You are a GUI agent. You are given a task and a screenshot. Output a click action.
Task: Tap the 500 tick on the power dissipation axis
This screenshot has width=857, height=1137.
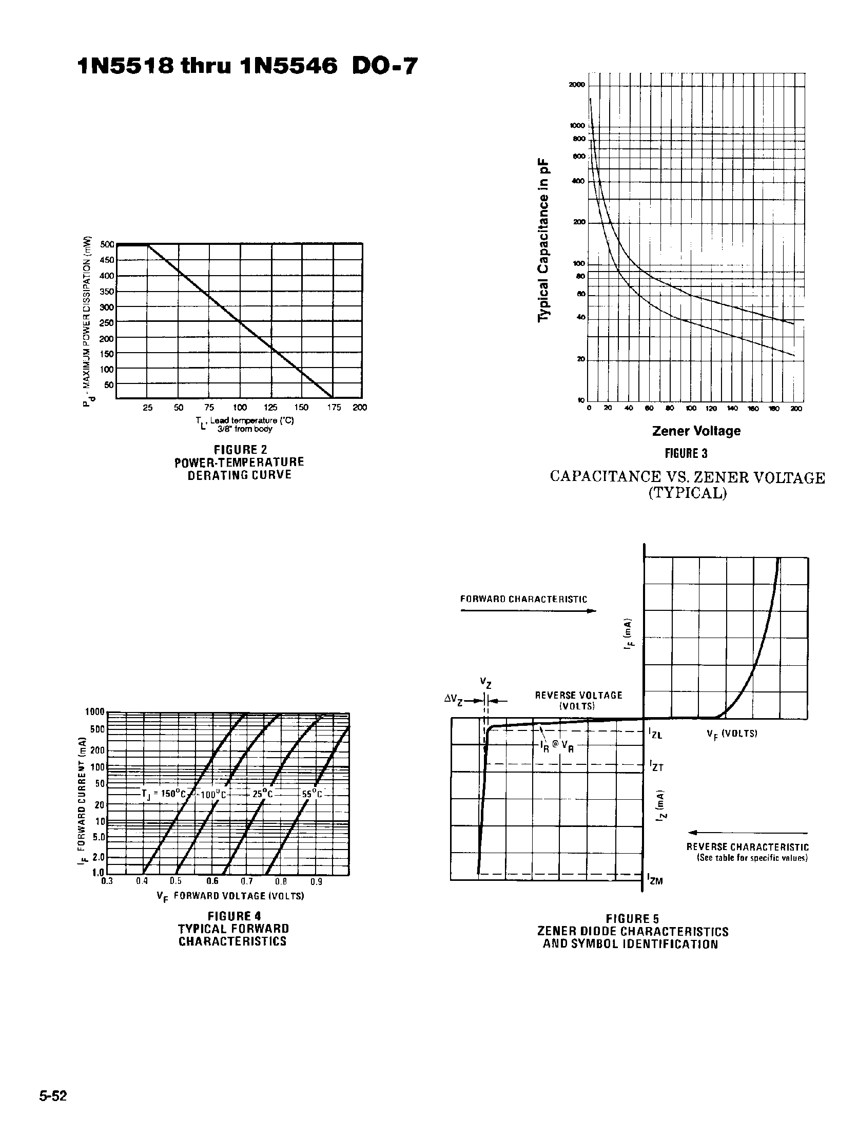tap(107, 245)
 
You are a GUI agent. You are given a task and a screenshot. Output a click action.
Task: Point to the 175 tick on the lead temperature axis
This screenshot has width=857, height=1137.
tap(334, 408)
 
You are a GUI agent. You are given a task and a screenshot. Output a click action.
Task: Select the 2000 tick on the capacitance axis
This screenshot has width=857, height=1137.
tap(577, 85)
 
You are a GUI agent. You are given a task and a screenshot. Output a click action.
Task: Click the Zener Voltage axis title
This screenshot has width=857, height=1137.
tap(696, 431)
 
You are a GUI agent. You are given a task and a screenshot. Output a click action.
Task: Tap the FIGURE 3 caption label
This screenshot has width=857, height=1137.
tap(687, 453)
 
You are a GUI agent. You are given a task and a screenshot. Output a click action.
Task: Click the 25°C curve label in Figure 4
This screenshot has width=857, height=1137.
tap(262, 794)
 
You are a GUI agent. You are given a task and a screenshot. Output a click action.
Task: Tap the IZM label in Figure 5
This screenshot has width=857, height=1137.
tap(655, 880)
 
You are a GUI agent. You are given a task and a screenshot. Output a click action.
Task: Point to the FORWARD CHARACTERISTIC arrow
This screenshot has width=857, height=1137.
tap(528, 611)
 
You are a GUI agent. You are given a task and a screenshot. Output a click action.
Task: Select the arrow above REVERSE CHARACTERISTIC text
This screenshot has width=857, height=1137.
tap(748, 833)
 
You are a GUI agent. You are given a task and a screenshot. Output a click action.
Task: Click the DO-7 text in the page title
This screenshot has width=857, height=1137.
tap(385, 66)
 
